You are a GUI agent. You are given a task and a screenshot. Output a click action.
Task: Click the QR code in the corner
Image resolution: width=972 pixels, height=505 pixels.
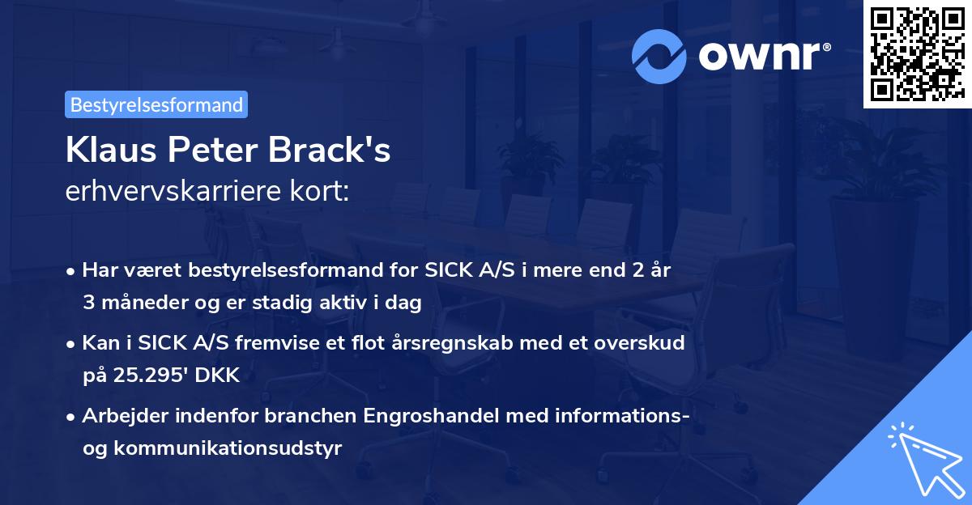click(x=917, y=54)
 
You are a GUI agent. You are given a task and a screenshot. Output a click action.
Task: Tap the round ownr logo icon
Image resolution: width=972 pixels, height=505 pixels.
click(x=659, y=56)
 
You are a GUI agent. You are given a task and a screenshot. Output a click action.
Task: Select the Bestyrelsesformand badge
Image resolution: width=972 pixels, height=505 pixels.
click(x=156, y=104)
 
